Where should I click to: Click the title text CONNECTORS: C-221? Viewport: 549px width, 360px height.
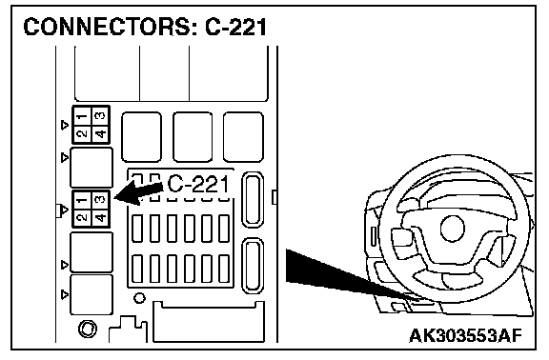pyautogui.click(x=145, y=27)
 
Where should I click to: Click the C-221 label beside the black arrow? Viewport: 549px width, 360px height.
pyautogui.click(x=198, y=185)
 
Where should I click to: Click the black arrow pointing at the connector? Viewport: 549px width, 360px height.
pyautogui.click(x=139, y=192)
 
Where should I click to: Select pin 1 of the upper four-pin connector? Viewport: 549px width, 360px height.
pyautogui.click(x=82, y=116)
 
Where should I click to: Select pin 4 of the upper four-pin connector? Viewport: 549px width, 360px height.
pyautogui.click(x=101, y=134)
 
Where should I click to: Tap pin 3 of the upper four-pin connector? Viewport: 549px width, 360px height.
pyautogui.click(x=101, y=116)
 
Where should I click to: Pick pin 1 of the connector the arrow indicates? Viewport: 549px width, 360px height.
pyautogui.click(x=82, y=200)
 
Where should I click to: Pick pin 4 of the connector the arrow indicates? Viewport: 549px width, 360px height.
pyautogui.click(x=101, y=218)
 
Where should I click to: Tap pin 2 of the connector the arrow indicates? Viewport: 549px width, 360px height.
pyautogui.click(x=82, y=218)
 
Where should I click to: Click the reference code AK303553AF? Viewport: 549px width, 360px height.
pyautogui.click(x=466, y=336)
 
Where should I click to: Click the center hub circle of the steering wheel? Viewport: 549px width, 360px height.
pyautogui.click(x=453, y=230)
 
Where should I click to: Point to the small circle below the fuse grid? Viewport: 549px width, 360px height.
pyautogui.click(x=139, y=298)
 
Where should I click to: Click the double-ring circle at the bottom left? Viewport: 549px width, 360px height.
pyautogui.click(x=88, y=330)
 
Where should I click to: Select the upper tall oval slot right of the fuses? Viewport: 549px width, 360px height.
pyautogui.click(x=253, y=200)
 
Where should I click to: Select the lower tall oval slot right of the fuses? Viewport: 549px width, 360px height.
pyautogui.click(x=253, y=266)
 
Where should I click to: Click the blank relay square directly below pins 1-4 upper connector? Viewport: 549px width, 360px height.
pyautogui.click(x=91, y=168)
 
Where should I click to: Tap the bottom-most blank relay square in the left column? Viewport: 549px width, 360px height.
pyautogui.click(x=91, y=294)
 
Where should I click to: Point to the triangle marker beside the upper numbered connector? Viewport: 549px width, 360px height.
pyautogui.click(x=65, y=125)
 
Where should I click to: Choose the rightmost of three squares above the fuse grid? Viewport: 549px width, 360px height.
pyautogui.click(x=243, y=137)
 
